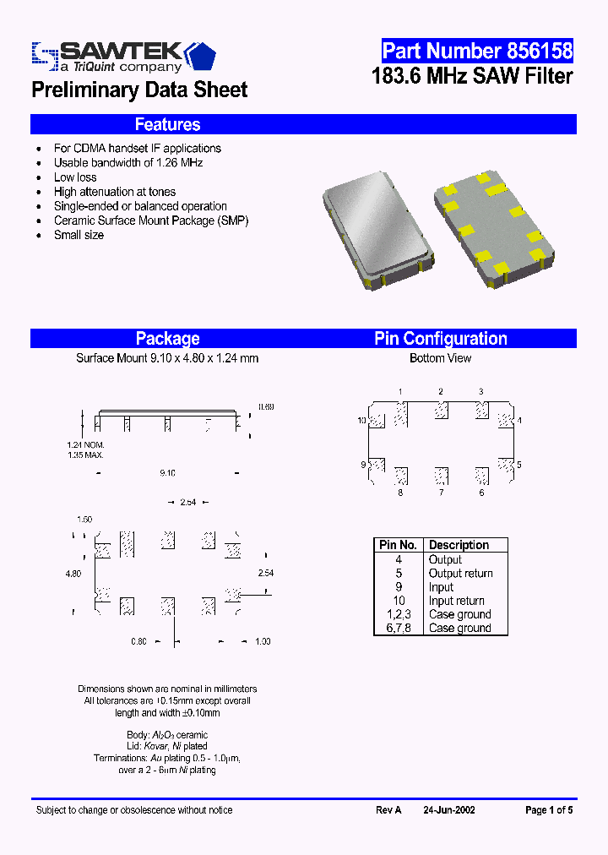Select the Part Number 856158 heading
pos(477,51)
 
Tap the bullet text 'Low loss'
pos(75,177)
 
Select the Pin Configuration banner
pos(441,339)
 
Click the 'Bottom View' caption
pos(440,358)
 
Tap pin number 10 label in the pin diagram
pos(361,421)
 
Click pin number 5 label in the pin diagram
pos(519,465)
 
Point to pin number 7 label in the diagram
pos(441,493)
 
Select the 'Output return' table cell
pos(460,574)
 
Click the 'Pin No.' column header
pos(398,546)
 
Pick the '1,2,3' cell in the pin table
pos(398,614)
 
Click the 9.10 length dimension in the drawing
pos(167,474)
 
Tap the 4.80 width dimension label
pos(73,574)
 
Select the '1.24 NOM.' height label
pos(85,444)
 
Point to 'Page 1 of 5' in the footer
pos(549,810)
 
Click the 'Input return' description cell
pos(457,601)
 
